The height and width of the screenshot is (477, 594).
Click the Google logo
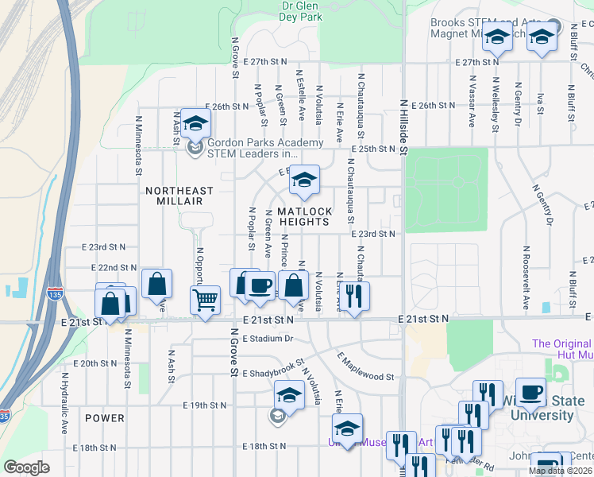point(27,467)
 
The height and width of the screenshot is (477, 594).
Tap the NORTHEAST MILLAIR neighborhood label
point(179,197)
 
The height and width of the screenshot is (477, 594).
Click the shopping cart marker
point(205,301)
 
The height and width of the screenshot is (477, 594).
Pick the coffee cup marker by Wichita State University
point(532,394)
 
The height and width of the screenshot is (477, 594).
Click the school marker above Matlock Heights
point(303,181)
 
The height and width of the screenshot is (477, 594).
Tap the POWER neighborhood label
point(105,418)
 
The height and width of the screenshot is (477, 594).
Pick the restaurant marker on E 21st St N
point(353,297)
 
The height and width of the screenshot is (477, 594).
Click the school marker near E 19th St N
point(289,396)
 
